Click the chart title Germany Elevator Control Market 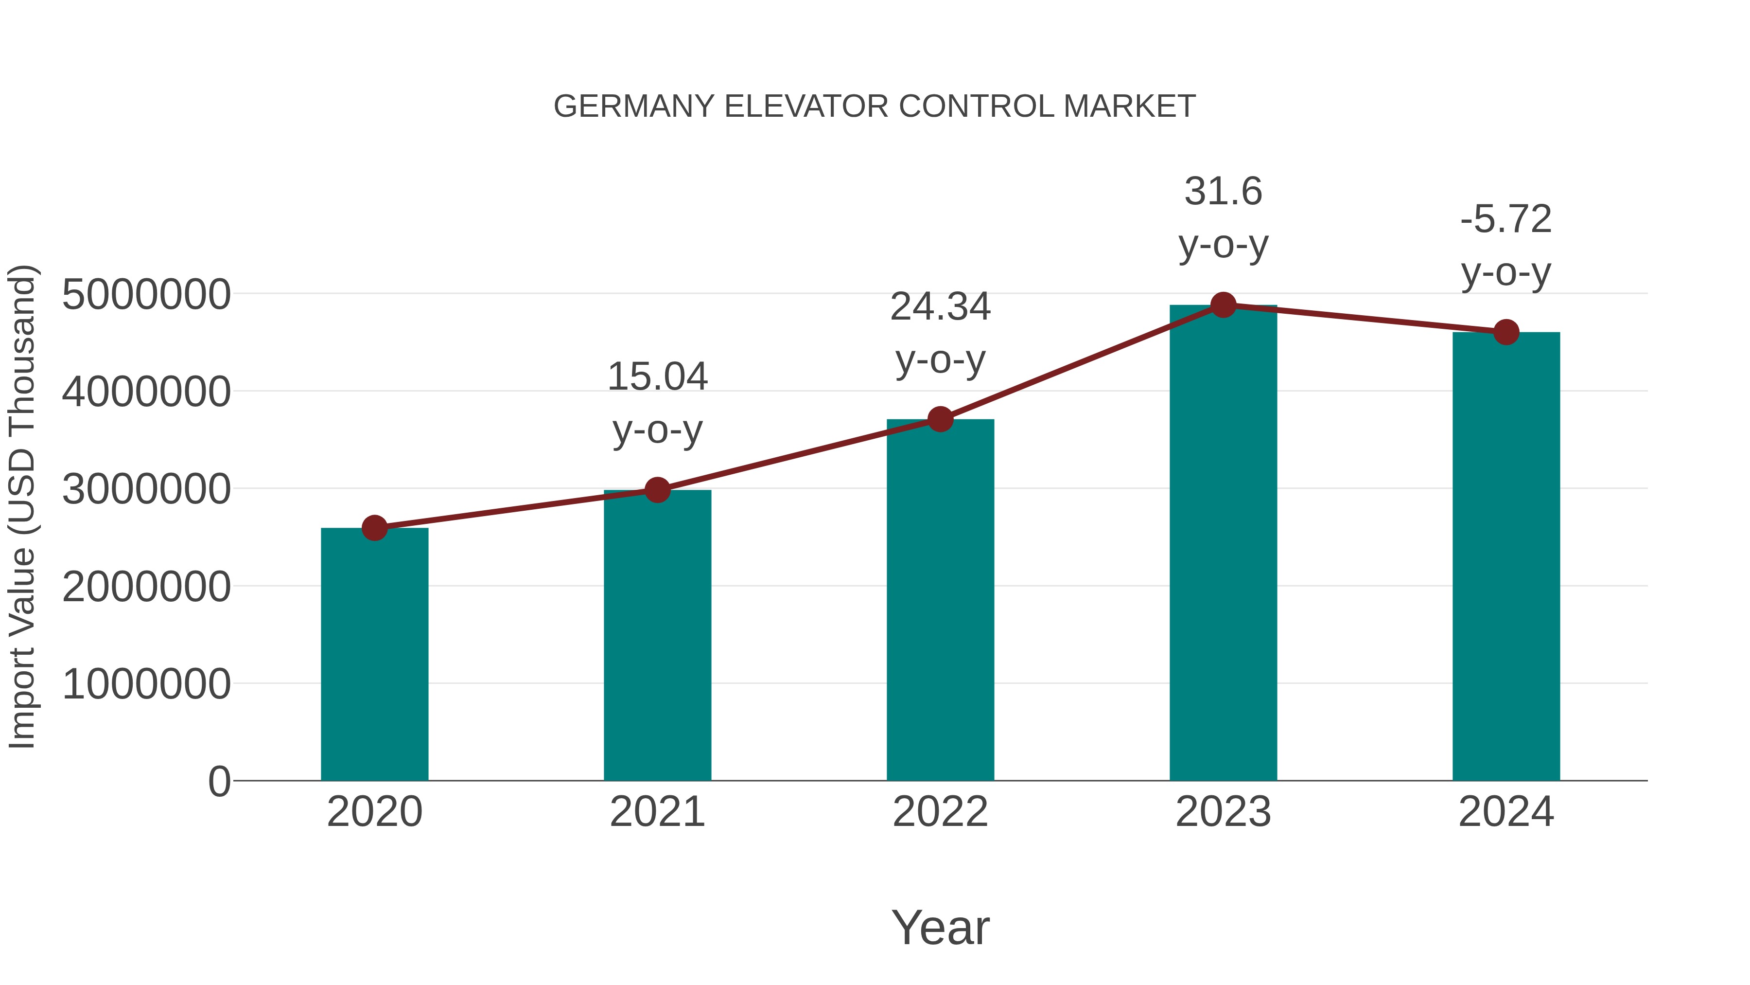click(875, 107)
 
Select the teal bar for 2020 click(374, 654)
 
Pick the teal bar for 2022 click(940, 600)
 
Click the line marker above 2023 click(1223, 305)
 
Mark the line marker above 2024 click(1506, 332)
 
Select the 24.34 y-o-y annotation click(940, 333)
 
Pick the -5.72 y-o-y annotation click(1506, 246)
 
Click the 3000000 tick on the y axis click(146, 489)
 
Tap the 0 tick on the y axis click(219, 781)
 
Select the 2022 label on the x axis click(940, 812)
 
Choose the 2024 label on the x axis click(1506, 812)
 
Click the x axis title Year click(940, 927)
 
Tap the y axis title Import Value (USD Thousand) click(22, 507)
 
